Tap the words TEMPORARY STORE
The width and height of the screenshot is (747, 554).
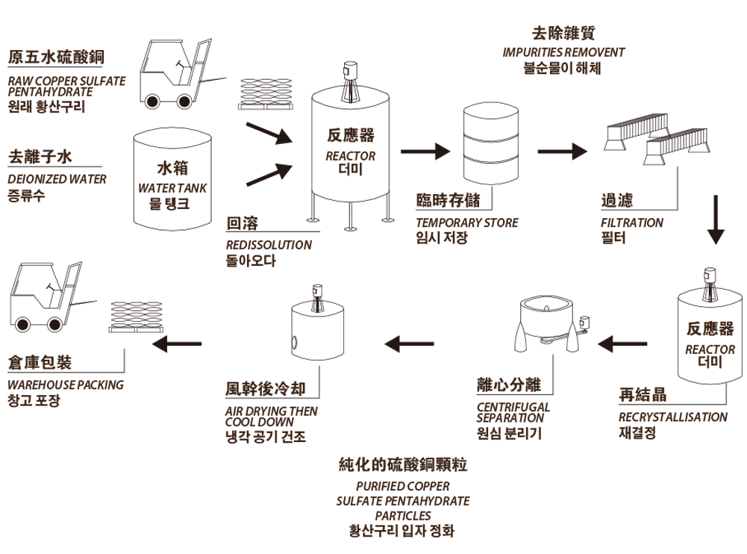point(466,222)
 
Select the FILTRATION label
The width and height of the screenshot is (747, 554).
point(631,222)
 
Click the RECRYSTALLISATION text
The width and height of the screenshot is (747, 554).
point(672,417)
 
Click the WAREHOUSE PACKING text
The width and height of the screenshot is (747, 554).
point(66,385)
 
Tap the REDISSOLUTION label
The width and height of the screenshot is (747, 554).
point(269,245)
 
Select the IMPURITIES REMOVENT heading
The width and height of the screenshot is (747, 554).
point(563,52)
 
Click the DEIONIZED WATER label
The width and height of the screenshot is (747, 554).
point(57,179)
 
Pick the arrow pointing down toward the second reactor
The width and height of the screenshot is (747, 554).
point(716,220)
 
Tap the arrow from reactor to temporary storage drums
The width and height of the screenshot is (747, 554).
point(425,151)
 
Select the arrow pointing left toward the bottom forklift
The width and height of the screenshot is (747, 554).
point(176,343)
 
